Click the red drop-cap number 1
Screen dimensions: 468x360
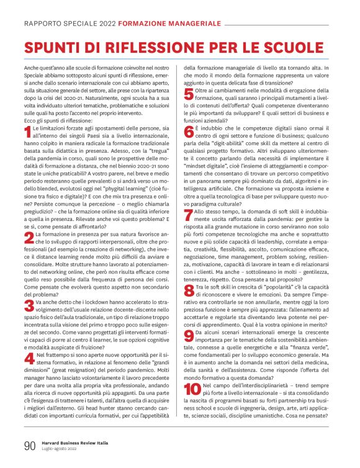click(x=27, y=131)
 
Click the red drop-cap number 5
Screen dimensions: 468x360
click(x=189, y=94)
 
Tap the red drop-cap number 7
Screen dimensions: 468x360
click(x=189, y=215)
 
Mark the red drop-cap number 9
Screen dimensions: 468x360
click(x=189, y=336)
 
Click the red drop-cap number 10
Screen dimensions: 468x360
click(x=192, y=390)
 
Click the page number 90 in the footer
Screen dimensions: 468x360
click(x=30, y=444)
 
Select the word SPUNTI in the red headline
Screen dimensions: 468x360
click(x=53, y=48)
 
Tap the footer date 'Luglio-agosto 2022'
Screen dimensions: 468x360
click(x=59, y=449)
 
